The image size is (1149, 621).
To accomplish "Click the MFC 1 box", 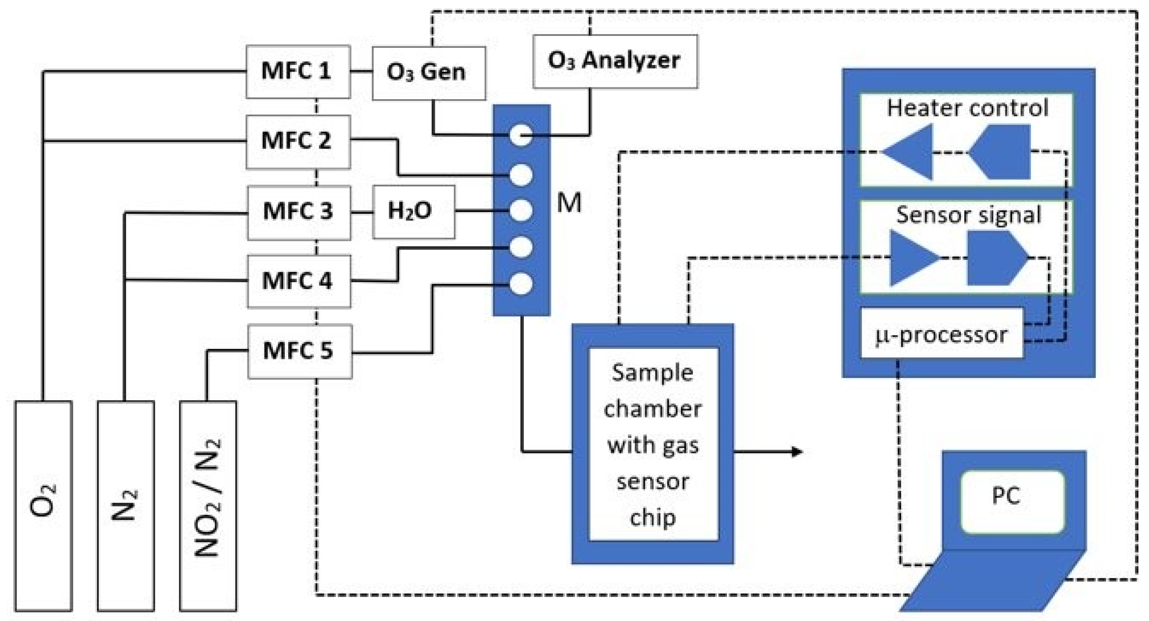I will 298,72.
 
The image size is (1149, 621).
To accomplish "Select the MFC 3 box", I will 299,212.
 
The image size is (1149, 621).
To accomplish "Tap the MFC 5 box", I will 300,352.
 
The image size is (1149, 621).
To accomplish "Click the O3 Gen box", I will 428,73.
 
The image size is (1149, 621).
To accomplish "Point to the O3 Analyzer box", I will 615,61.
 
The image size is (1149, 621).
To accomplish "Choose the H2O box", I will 413,212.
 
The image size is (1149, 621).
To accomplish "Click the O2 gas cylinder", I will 43,505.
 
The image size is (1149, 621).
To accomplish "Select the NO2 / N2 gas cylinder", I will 208,505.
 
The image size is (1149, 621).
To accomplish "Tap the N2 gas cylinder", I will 126,505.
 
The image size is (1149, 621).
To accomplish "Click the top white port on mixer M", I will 520,135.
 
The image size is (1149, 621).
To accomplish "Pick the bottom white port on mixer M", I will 520,284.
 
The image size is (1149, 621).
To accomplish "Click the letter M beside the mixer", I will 569,203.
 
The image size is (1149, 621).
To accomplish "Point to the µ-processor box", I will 941,334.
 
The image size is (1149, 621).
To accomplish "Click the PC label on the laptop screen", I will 1006,495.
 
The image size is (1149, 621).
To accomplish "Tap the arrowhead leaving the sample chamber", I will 797,452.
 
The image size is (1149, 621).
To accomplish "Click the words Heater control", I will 967,108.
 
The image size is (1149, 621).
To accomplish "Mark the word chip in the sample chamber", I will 652,517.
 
